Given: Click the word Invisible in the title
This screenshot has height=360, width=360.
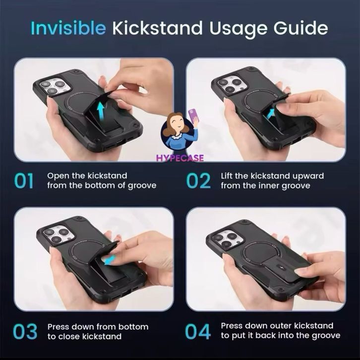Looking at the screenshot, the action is [68, 28].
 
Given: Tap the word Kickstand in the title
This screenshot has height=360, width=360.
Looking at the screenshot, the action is [158, 28].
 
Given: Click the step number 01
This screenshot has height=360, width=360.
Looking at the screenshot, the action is [24, 181].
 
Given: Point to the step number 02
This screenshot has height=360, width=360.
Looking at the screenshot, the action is [198, 181].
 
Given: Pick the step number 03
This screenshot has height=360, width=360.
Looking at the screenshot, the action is [25, 332].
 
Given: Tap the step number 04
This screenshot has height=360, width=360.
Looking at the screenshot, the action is [198, 332].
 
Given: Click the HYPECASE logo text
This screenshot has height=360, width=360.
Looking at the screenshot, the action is [180, 158].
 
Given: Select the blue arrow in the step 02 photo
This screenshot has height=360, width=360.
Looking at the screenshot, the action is [271, 114].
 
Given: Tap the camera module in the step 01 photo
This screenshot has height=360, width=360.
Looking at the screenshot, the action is [54, 87].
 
